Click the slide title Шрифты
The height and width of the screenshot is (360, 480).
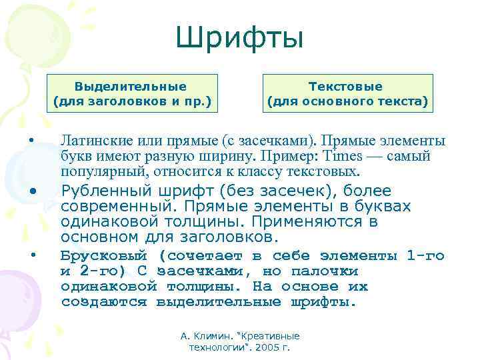coord(239,38)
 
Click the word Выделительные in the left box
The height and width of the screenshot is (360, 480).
coord(131,87)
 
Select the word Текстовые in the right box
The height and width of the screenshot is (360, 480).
coord(345,87)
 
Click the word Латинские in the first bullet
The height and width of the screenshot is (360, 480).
coord(88,141)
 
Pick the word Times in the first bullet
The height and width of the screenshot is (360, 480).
coord(341,157)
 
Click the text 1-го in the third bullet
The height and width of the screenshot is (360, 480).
coord(425,256)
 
